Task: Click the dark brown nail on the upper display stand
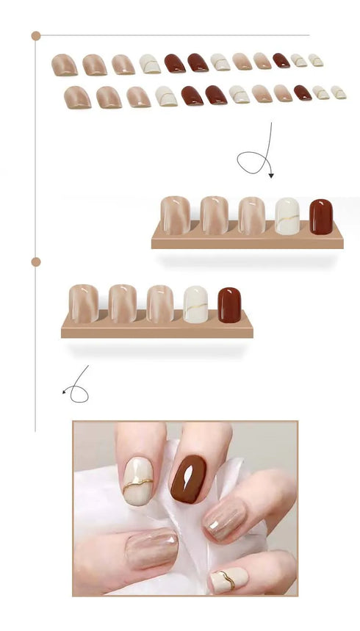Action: [320, 216]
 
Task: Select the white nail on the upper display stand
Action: [287, 216]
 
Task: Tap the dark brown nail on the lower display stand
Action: [229, 305]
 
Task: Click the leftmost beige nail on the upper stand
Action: [175, 214]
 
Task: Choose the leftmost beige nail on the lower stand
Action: [83, 303]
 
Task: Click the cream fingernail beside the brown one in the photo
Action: [139, 480]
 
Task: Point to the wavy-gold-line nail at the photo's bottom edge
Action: [227, 580]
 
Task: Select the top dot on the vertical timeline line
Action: [36, 35]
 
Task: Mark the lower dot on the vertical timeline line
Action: [36, 262]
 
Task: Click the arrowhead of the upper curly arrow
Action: [271, 176]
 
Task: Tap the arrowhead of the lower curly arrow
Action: [65, 392]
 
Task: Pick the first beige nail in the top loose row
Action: [65, 65]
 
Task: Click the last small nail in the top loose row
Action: [316, 60]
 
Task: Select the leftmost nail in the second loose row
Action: [77, 97]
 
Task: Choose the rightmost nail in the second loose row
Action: [339, 92]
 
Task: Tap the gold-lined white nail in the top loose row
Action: [150, 64]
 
